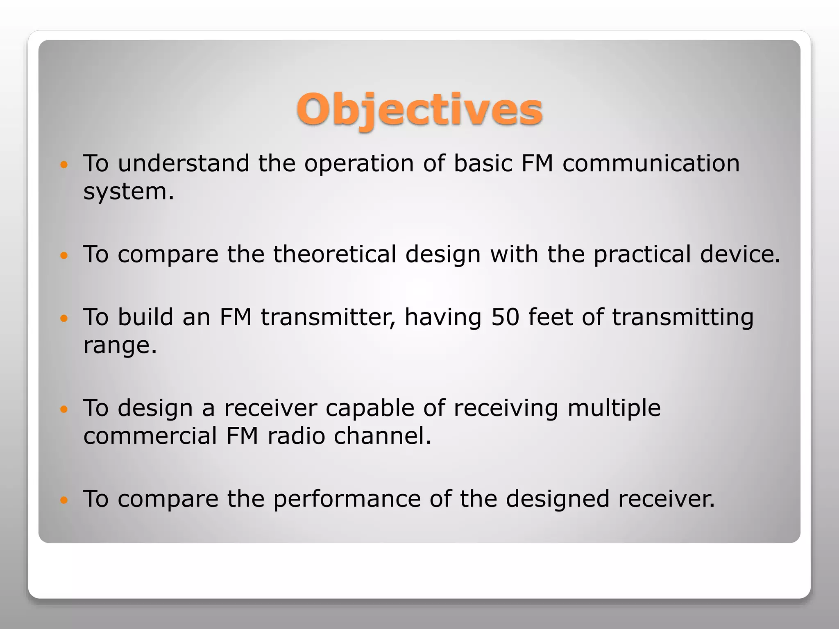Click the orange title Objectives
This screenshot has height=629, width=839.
click(419, 110)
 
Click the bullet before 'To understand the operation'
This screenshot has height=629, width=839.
click(63, 165)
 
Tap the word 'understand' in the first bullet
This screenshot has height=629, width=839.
click(184, 163)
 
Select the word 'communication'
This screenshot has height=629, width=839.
click(651, 163)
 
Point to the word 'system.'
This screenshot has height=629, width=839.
click(129, 192)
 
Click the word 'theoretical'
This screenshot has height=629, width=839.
click(335, 254)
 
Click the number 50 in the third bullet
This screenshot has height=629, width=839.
click(505, 317)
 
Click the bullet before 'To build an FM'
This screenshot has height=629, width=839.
click(63, 318)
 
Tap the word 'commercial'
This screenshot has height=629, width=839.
click(150, 436)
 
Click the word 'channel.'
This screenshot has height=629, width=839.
click(383, 436)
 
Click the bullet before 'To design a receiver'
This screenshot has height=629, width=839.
click(63, 409)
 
